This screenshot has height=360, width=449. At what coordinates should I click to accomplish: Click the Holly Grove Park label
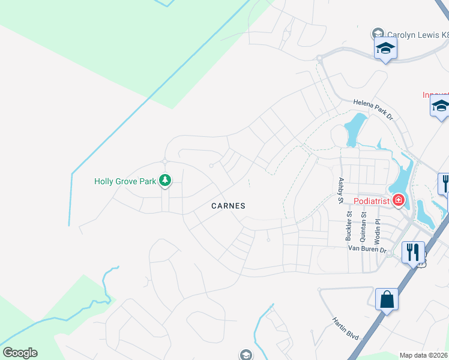[125, 181]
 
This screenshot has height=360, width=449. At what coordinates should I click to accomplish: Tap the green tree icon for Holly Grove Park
[164, 180]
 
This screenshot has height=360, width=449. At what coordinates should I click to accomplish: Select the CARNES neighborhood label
[228, 206]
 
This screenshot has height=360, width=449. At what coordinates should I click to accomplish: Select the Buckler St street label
[349, 225]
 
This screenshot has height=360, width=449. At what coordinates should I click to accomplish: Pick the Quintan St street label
[363, 226]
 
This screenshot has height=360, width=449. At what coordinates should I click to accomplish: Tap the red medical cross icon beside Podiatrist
[398, 200]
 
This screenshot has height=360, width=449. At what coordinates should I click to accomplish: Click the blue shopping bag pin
[387, 299]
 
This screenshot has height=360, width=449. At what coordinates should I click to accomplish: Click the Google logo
[20, 353]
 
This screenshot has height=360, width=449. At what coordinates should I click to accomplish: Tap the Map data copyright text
[424, 355]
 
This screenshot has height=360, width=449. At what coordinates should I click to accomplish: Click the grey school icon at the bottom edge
[246, 355]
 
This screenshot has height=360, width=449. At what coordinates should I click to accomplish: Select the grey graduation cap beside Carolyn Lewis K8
[378, 34]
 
